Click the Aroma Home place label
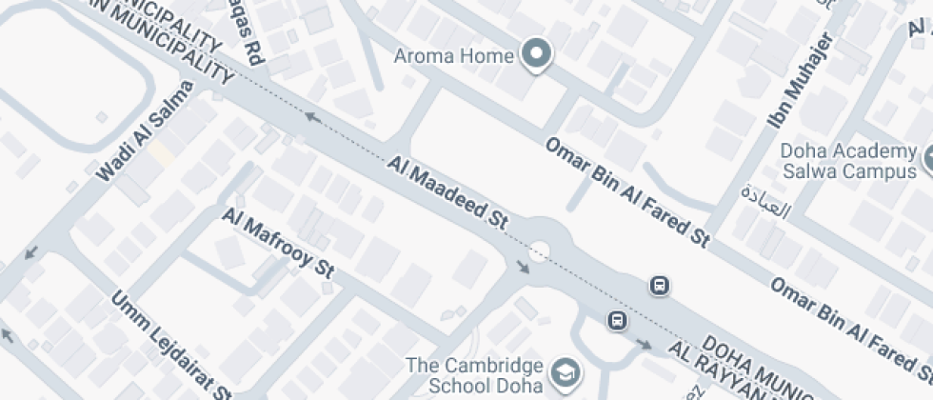tap(454, 55)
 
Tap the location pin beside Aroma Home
tap(537, 55)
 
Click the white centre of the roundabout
tap(540, 252)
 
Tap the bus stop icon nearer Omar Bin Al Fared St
tap(659, 285)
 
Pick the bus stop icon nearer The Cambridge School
tap(617, 320)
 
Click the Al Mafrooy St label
tap(278, 244)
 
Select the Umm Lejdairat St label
tap(171, 344)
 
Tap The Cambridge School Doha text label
tap(474, 375)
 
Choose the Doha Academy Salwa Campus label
tap(846, 161)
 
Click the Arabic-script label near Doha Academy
tap(765, 199)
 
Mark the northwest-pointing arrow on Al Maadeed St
tap(310, 116)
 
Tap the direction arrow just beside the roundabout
tap(523, 268)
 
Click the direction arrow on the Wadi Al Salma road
tap(31, 253)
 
